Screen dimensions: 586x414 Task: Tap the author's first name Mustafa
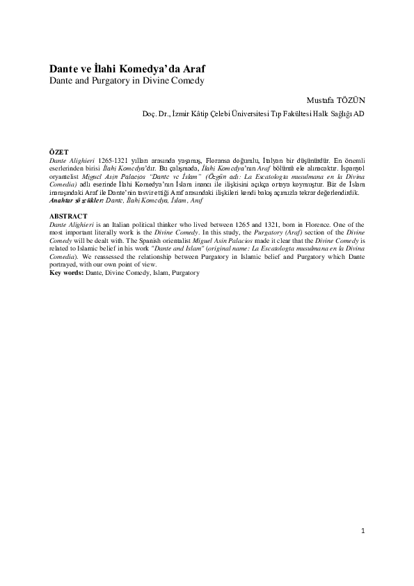click(x=311, y=100)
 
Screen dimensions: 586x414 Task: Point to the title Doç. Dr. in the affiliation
click(x=154, y=114)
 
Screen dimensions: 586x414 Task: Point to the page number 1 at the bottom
click(x=363, y=531)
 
